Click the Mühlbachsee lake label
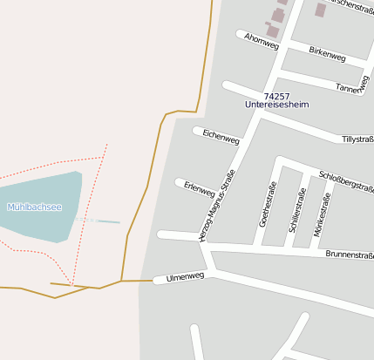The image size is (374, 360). tap(34, 207)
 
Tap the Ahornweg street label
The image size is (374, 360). tap(261, 41)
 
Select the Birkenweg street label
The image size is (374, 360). tap(327, 54)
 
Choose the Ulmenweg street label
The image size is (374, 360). tap(184, 275)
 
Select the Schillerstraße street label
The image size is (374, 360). tap(296, 208)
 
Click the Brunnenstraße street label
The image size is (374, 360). tap(349, 255)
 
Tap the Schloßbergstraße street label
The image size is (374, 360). tap(346, 180)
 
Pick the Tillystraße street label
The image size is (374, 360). tap(357, 139)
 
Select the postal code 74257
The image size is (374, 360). tap(276, 95)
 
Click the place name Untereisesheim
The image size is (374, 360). tap(276, 105)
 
